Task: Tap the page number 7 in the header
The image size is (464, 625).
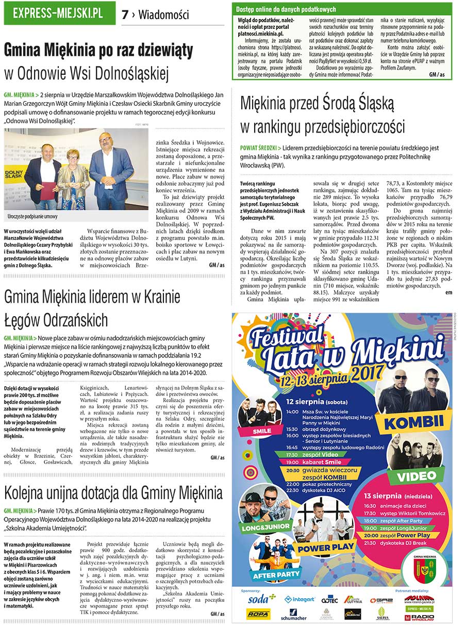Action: click(125, 15)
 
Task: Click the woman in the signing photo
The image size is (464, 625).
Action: click(73, 176)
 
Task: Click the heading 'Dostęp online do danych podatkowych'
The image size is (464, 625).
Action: click(286, 9)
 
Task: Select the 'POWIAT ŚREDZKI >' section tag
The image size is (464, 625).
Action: click(261, 147)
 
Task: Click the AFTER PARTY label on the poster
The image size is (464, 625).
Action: click(277, 573)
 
